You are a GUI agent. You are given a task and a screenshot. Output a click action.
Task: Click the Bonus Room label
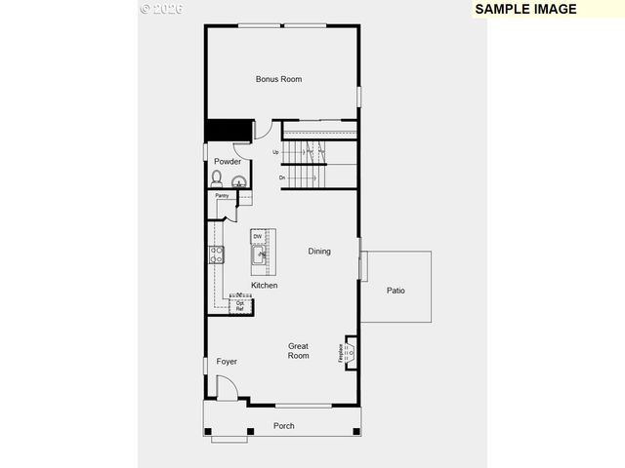278,79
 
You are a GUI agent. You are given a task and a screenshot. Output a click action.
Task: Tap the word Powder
228,162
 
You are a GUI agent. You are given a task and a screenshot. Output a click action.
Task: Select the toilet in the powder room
217,178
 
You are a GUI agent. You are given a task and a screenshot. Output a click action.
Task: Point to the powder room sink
237,179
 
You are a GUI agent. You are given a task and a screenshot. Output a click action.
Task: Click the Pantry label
223,196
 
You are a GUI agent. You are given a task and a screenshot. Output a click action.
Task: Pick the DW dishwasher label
258,237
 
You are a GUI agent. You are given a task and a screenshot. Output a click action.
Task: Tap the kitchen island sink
260,256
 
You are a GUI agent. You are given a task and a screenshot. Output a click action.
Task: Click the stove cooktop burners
217,254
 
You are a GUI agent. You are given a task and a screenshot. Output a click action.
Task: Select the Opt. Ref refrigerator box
240,305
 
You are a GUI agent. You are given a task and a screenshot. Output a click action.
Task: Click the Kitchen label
264,286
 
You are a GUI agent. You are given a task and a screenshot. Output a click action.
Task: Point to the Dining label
319,252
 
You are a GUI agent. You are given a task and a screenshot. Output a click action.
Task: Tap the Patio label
396,291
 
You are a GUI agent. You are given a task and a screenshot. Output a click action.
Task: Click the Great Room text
299,351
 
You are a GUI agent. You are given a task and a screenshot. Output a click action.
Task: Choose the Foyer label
227,362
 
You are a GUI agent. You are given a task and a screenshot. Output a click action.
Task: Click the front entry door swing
227,389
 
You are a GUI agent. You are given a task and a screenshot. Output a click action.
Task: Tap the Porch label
283,426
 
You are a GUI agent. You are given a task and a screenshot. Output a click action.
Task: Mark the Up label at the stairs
276,152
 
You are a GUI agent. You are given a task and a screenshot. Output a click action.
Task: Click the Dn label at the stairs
282,177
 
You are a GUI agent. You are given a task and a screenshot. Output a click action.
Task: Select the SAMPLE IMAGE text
526,9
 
